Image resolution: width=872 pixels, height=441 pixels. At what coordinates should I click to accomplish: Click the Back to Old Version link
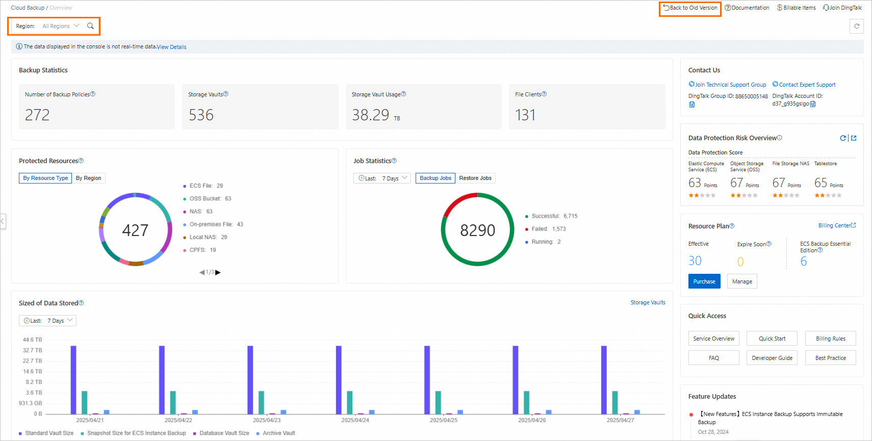pos(690,8)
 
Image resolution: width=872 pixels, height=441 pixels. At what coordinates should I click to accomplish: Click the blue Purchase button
pos(704,281)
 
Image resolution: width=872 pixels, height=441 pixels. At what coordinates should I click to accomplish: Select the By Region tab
pos(89,178)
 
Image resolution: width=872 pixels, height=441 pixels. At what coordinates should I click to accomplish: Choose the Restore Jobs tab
pos(475,178)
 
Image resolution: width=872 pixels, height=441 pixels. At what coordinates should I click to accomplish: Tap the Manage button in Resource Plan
pos(741,281)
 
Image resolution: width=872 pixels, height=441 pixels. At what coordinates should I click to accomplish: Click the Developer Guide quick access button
pos(772,358)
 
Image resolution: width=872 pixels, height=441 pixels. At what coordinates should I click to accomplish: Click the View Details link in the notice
pos(171,47)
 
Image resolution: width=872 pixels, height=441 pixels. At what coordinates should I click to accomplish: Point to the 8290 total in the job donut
pos(477,230)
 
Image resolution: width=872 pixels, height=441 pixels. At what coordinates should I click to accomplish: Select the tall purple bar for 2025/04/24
pos(339,379)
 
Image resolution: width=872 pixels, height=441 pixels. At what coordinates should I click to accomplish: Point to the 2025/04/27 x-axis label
pos(620,420)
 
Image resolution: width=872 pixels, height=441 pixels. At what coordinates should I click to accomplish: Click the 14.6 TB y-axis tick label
pos(33,371)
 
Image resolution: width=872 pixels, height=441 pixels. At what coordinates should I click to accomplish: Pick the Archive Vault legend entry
pos(278,433)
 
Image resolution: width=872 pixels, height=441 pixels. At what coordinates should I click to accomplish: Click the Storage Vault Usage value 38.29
pos(370,115)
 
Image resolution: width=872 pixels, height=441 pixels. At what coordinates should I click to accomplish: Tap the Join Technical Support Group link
pos(730,85)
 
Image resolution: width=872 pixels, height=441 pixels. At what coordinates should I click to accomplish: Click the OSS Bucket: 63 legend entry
pos(210,198)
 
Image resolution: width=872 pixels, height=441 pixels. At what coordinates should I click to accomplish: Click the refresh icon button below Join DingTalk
pos(856,26)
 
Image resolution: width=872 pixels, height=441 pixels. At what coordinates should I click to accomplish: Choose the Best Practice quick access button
pos(830,358)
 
